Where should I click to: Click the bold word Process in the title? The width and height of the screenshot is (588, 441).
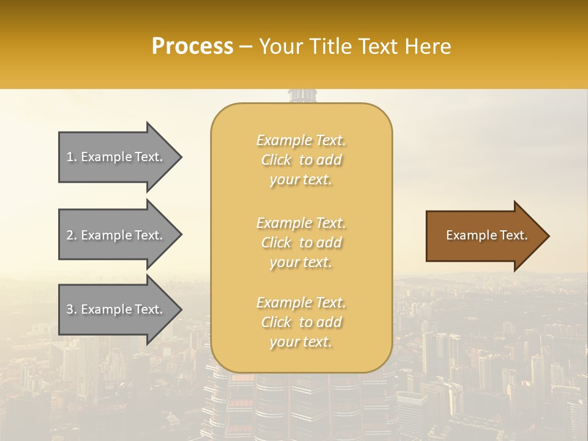[x=192, y=47]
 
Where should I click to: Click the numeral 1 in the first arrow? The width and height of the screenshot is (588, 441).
[x=70, y=157]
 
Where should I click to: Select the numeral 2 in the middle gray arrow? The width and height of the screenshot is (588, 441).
[x=70, y=235]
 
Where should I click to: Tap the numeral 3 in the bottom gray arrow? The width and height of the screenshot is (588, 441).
[x=70, y=309]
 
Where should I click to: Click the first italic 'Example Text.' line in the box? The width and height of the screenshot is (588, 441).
[x=301, y=140]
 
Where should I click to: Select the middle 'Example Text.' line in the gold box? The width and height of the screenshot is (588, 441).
[x=301, y=223]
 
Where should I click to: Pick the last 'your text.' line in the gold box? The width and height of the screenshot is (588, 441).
[x=301, y=342]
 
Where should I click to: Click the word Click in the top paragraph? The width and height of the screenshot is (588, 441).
[x=276, y=160]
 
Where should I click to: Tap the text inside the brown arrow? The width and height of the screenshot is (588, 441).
[x=486, y=235]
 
